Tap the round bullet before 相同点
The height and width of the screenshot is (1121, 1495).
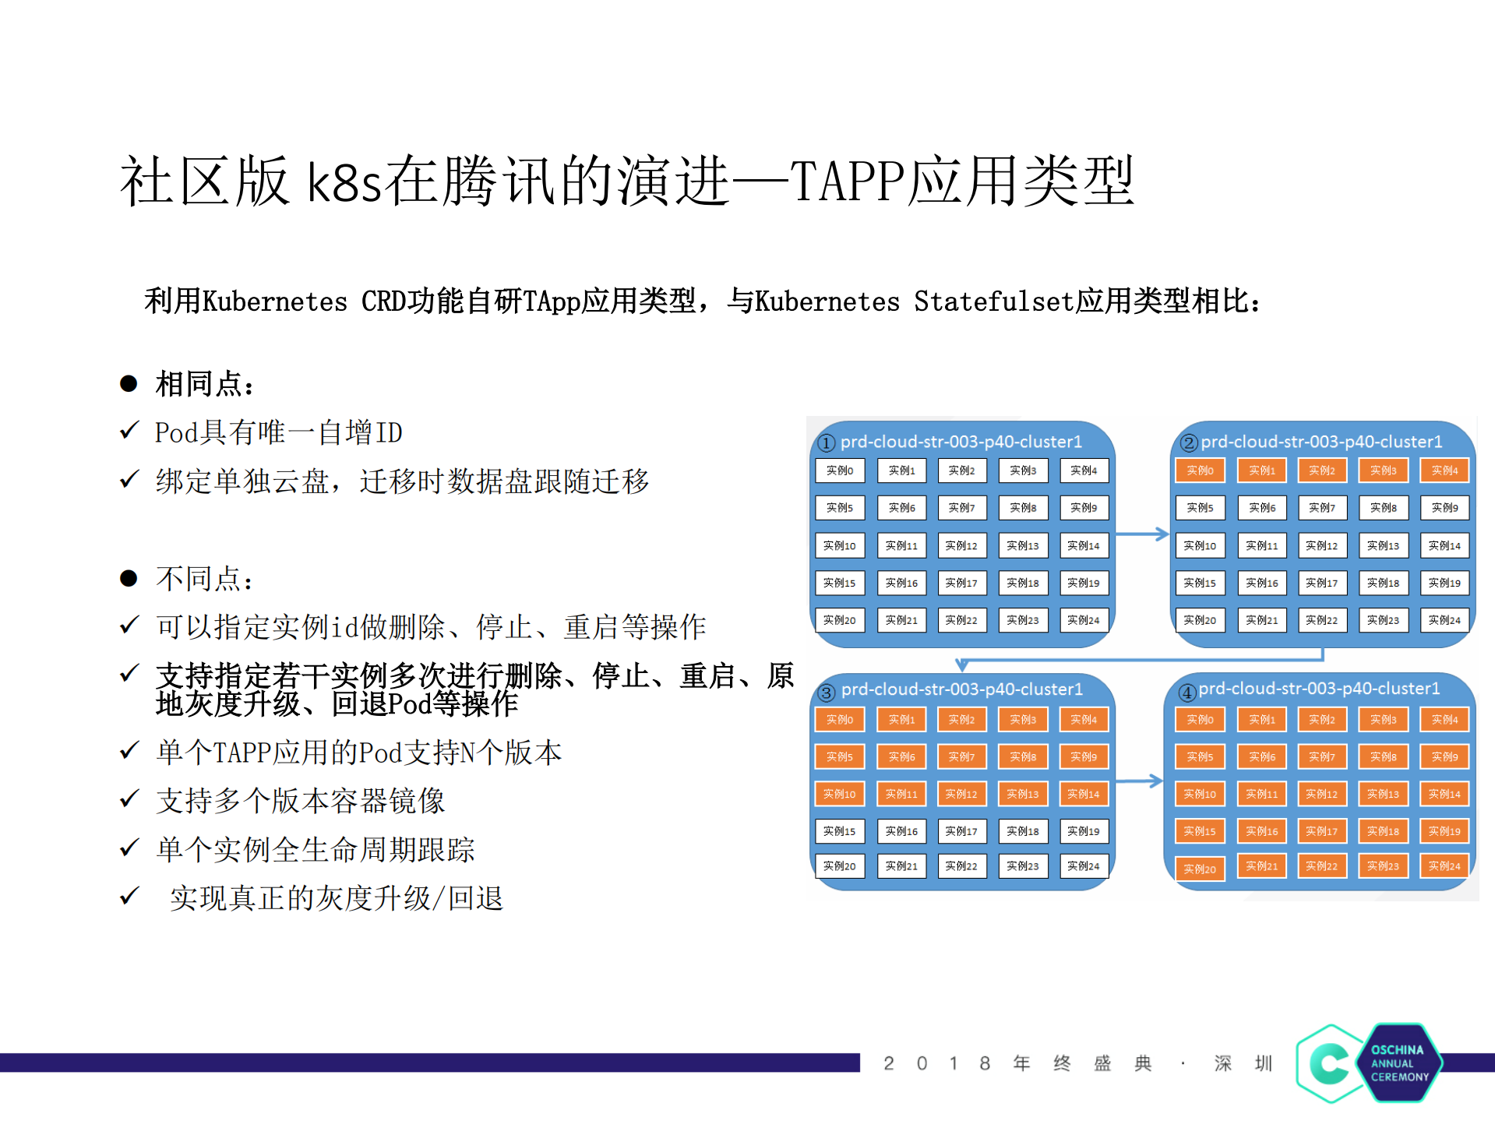pos(129,383)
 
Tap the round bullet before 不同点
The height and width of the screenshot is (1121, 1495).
pos(129,578)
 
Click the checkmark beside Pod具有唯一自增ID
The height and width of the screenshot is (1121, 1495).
pos(129,430)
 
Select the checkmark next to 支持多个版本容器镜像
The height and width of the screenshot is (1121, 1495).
pos(129,798)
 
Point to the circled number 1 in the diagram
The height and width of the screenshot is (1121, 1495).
pos(827,442)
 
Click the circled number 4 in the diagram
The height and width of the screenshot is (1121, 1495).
pos(1186,692)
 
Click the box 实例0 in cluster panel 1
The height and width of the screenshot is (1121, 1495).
pos(840,471)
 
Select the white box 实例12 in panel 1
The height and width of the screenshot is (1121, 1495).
pos(961,545)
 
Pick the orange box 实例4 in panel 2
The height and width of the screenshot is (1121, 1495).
pos(1444,471)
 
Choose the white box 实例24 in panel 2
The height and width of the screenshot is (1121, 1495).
pos(1444,620)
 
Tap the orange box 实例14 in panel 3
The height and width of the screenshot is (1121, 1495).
pos(1084,794)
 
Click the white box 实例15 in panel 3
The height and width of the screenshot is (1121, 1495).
pos(840,831)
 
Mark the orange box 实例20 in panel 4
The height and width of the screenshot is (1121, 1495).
pos(1200,869)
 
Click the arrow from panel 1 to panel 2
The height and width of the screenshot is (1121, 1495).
pos(1142,534)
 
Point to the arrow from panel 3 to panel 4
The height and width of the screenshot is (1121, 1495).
pos(1138,781)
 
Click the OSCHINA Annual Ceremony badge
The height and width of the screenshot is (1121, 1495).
pos(1369,1063)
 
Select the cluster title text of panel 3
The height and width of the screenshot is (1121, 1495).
pos(962,689)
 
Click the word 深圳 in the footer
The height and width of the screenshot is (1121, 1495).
pos(1243,1063)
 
